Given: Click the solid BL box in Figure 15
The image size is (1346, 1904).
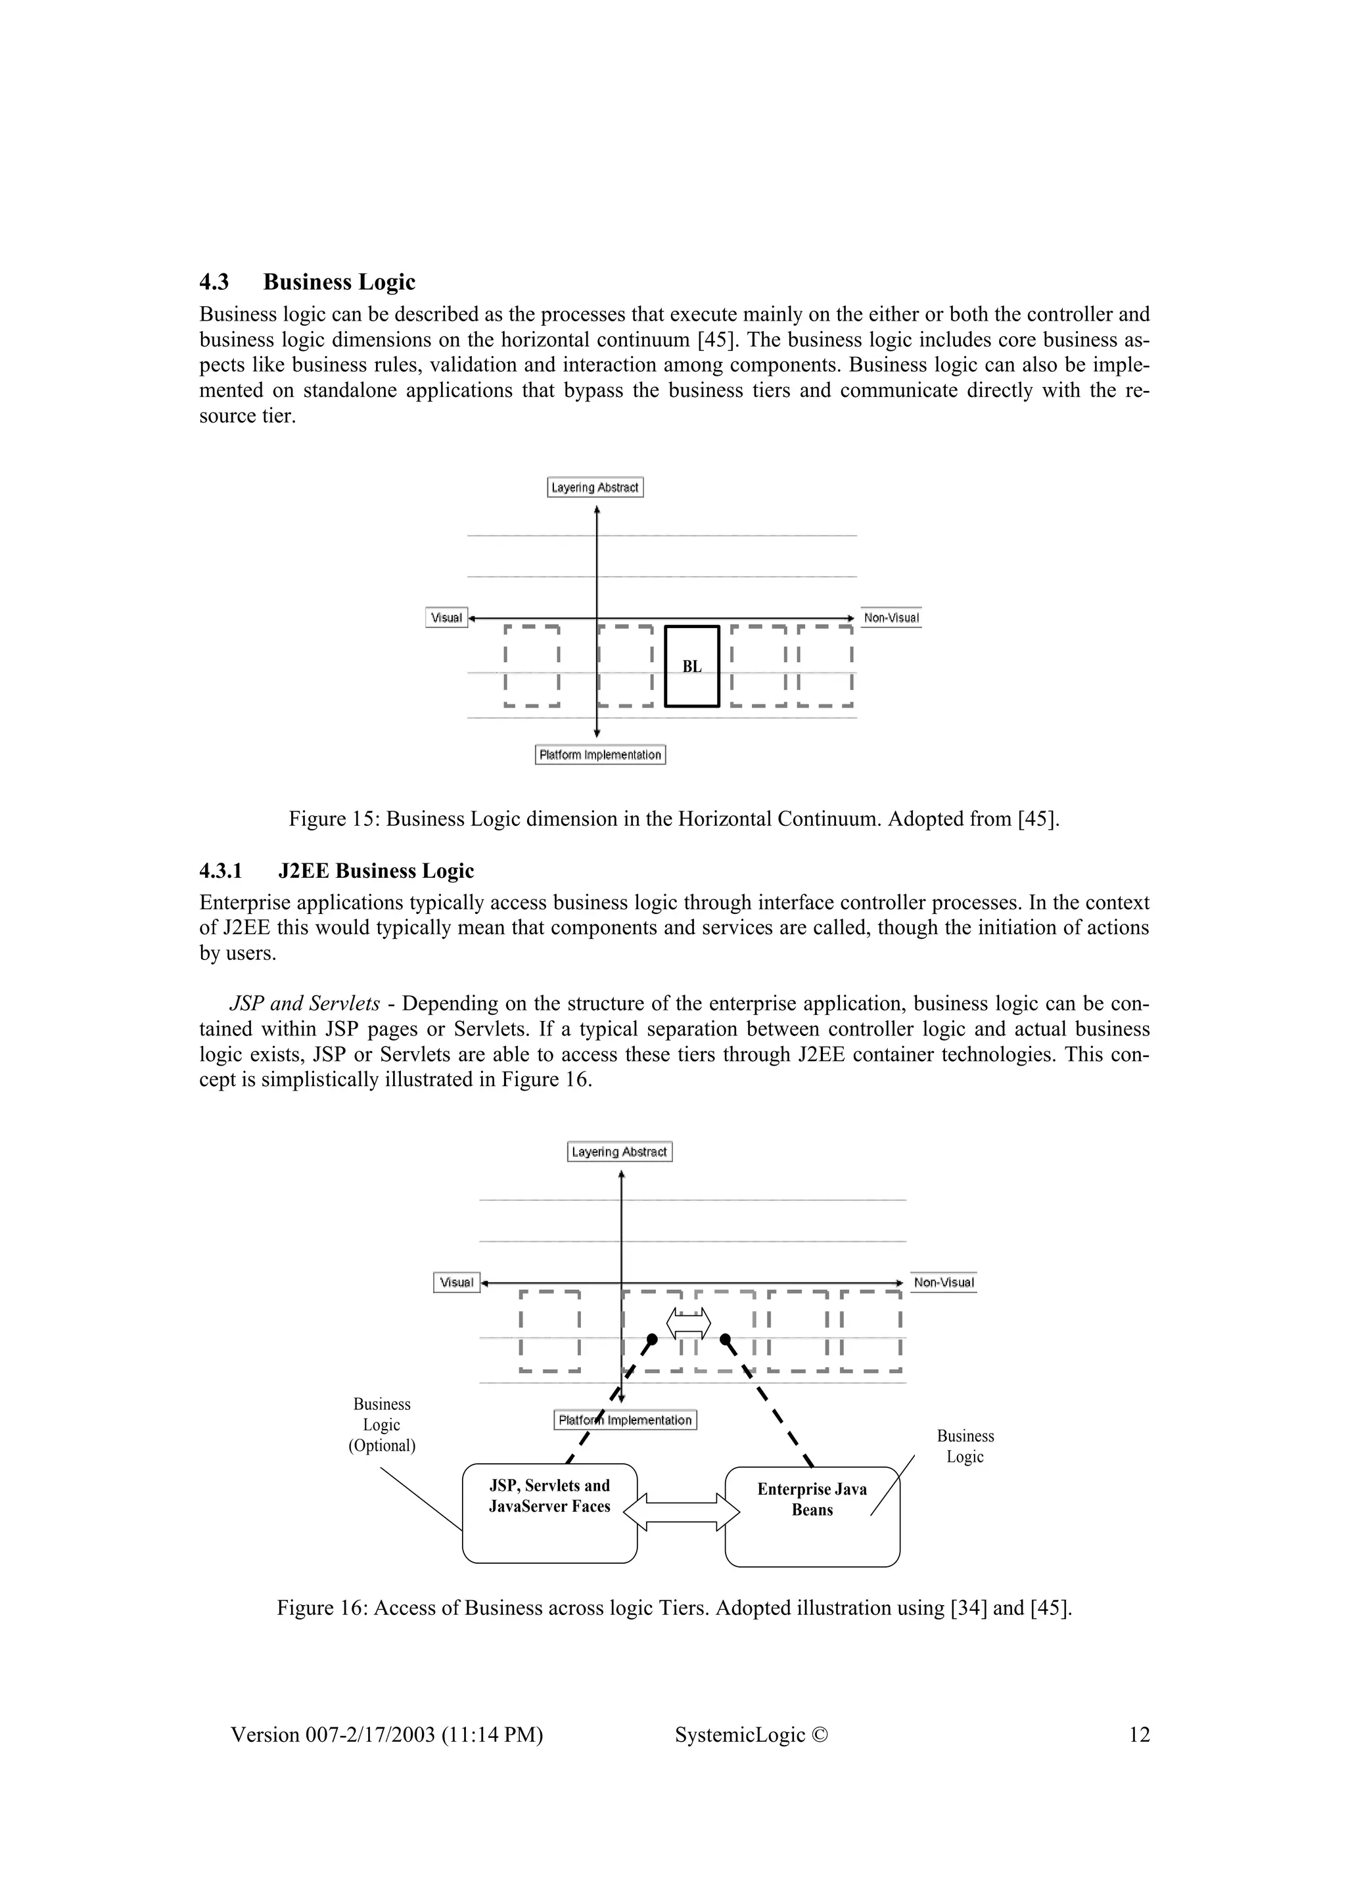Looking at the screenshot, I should pos(691,666).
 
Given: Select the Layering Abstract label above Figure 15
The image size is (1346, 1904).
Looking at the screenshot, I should pos(595,487).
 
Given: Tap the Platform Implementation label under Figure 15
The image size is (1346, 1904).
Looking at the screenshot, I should pos(601,755).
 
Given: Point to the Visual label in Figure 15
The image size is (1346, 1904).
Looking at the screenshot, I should pos(446,618).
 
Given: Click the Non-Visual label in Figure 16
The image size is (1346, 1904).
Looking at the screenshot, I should pos(943,1282).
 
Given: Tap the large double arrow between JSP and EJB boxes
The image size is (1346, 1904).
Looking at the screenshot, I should pos(681,1511).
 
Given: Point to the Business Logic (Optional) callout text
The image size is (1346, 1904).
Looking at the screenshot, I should pos(381,1424).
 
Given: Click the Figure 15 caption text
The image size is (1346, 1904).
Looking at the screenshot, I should pos(674,819).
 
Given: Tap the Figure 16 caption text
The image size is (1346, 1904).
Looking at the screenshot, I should pos(674,1608).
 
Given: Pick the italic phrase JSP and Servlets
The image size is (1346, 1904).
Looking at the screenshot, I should pos(304,1003).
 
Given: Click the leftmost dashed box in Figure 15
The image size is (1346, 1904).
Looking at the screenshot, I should pos(532,666).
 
